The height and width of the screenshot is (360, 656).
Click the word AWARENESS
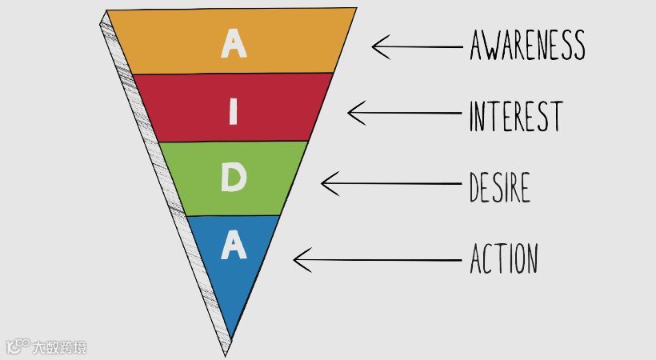[x=526, y=46]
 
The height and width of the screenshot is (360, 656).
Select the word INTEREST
[x=515, y=116]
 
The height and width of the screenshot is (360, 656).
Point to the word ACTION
[x=503, y=259]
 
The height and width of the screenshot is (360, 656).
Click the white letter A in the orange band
[x=234, y=43]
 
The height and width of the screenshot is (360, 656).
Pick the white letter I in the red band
[x=234, y=113]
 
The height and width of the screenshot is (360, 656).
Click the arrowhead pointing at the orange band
[x=376, y=46]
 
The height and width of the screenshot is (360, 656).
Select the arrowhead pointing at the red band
[x=351, y=113]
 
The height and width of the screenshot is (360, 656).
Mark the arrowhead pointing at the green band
[x=325, y=184]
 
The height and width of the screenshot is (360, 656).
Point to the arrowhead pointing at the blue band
[x=298, y=259]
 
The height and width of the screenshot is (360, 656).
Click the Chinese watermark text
[x=60, y=347]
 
